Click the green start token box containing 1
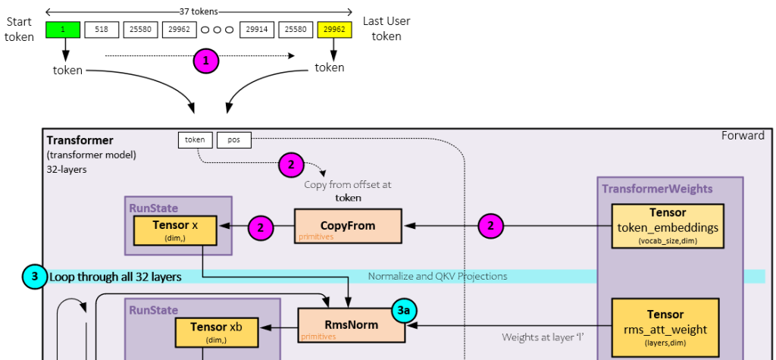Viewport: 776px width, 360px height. click(x=64, y=30)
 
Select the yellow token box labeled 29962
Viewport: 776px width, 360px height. click(x=334, y=30)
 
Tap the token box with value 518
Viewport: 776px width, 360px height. click(x=102, y=30)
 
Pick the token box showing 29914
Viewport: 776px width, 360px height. click(x=257, y=30)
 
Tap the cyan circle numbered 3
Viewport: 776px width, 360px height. click(x=35, y=276)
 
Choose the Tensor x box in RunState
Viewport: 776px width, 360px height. click(x=175, y=230)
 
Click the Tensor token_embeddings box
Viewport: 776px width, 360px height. click(x=666, y=225)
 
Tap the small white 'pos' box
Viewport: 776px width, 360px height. click(x=233, y=140)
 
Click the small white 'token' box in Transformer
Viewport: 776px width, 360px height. click(x=195, y=140)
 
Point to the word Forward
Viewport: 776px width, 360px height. click(x=743, y=136)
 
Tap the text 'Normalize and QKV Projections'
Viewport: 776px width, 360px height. click(x=437, y=276)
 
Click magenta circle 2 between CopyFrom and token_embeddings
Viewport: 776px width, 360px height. click(x=490, y=226)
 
